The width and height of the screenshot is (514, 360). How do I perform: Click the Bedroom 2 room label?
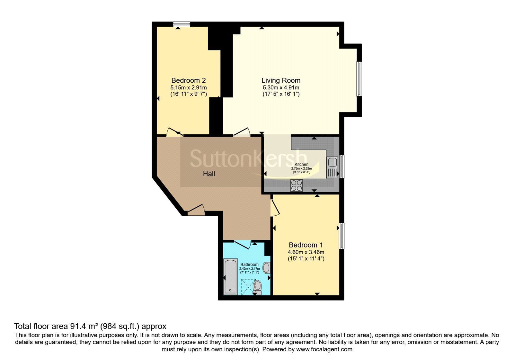(188, 80)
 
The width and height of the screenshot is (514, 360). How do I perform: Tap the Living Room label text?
(281, 80)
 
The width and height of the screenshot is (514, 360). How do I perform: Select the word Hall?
(209, 174)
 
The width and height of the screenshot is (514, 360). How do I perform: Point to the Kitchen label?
(301, 164)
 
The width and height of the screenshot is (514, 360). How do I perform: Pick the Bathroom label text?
(249, 265)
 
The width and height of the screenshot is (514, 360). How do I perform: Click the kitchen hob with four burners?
(297, 185)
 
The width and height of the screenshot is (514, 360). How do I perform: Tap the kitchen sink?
(332, 167)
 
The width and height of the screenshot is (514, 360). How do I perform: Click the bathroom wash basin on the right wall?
(266, 268)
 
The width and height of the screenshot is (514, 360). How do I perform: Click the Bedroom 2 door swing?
(174, 132)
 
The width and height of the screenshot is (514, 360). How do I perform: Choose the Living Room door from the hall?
(242, 132)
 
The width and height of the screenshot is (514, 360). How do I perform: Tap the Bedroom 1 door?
(275, 208)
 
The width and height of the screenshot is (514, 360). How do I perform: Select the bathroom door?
(243, 244)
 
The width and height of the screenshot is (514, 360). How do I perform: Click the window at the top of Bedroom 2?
(182, 24)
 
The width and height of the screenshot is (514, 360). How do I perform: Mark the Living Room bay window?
(359, 79)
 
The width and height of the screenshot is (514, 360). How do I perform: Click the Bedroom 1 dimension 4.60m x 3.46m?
(306, 252)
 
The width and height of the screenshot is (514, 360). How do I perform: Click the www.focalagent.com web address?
(324, 349)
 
